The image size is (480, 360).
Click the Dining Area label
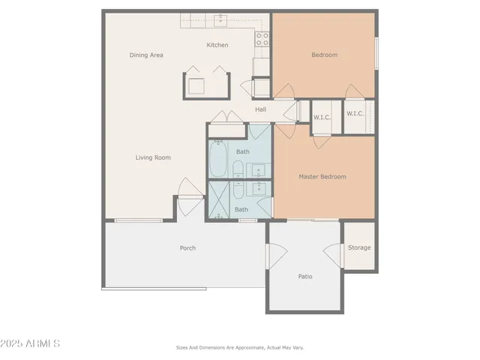click(x=146, y=55)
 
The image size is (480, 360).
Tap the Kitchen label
click(x=217, y=45)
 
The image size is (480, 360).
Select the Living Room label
click(x=153, y=157)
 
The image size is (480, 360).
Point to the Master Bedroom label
click(x=322, y=177)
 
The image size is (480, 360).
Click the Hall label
click(x=260, y=110)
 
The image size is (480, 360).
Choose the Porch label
click(x=187, y=248)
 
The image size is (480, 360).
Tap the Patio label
click(x=305, y=277)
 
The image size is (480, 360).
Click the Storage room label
click(x=359, y=247)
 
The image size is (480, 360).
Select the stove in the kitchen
click(x=263, y=40)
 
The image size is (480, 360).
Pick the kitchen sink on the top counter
click(x=221, y=19)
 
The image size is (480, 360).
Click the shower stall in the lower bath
click(x=220, y=200)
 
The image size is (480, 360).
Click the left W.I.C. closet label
click(x=321, y=117)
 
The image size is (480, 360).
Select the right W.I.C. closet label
click(x=355, y=113)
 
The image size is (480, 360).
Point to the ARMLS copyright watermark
click(x=30, y=343)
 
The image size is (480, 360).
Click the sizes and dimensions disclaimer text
click(x=240, y=347)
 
